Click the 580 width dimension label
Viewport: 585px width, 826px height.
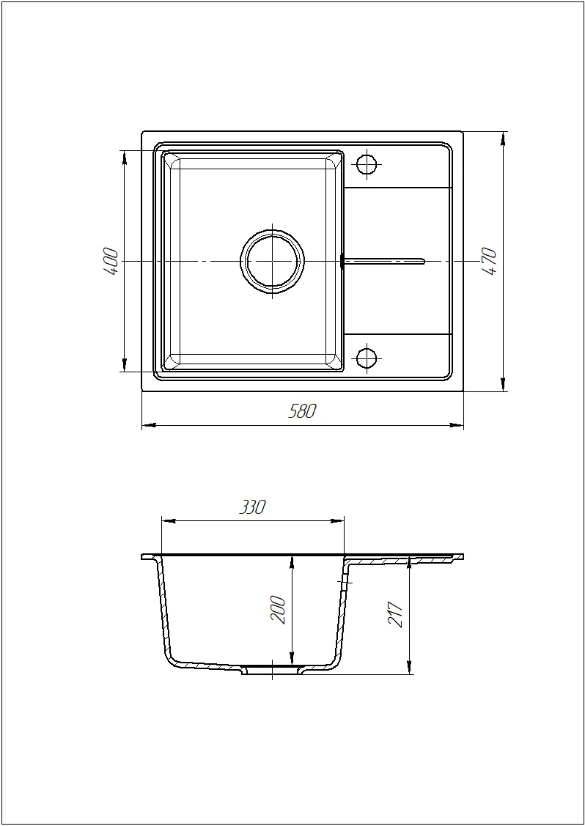point(303,411)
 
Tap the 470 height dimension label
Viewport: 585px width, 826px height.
point(489,262)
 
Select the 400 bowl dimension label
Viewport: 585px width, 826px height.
point(111,261)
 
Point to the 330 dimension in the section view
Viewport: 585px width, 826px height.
point(252,508)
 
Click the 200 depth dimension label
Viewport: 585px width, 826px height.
point(279,610)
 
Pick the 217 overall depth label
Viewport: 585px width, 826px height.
point(396,613)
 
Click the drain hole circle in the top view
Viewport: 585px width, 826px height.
point(272,261)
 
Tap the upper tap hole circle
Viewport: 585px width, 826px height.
point(367,165)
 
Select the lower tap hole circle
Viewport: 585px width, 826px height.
point(367,358)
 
